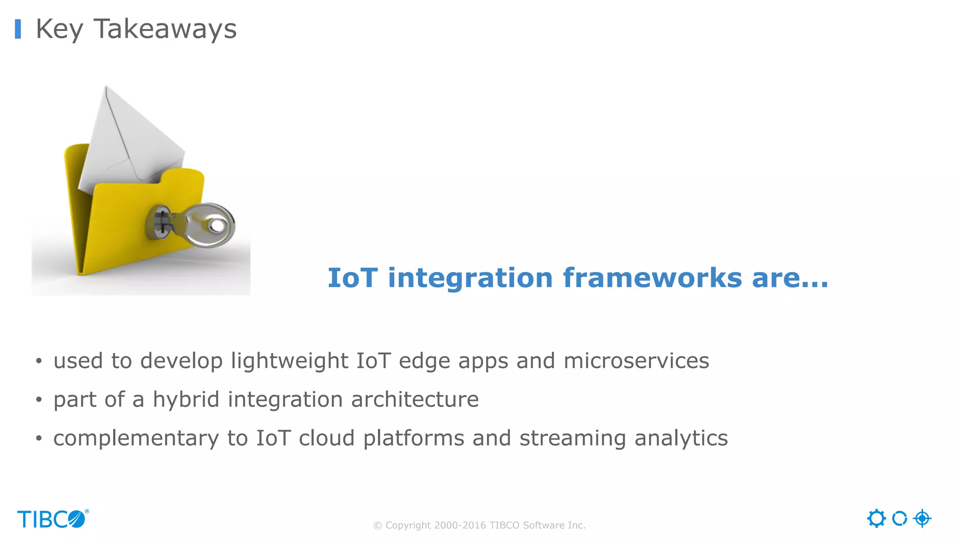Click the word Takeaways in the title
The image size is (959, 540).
point(165,29)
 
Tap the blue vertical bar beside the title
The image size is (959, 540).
point(18,29)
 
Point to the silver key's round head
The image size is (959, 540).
point(213,225)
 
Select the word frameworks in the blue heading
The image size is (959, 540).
point(652,277)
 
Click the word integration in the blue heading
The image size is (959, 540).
point(470,277)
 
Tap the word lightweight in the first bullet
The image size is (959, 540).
point(289,361)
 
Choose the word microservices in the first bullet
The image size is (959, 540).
point(636,361)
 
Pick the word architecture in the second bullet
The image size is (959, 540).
point(414,399)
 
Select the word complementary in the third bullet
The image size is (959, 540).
point(136,438)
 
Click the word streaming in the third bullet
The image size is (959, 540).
point(572,438)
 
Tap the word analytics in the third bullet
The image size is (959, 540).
point(681,438)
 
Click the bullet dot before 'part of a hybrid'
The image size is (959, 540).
point(39,400)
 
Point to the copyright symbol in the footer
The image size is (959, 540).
point(377,525)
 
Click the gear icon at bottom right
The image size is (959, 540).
point(876,518)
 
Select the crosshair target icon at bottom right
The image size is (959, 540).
point(922,518)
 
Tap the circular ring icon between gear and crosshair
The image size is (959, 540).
point(899,518)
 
